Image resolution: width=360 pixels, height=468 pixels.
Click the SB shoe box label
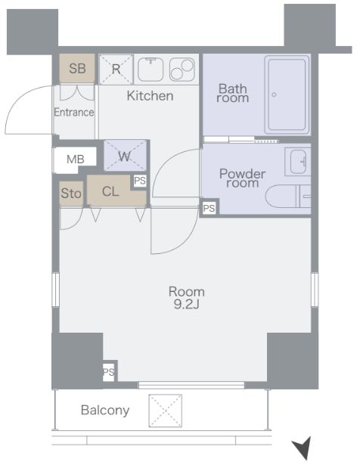coord(77,68)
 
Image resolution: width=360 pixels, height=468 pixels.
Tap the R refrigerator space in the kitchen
coord(116,70)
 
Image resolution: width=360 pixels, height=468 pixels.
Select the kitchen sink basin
coord(151,70)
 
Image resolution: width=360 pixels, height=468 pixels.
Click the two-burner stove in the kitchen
coord(182,70)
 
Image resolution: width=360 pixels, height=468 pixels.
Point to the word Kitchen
coord(150,96)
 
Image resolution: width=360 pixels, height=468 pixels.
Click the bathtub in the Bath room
coord(287,95)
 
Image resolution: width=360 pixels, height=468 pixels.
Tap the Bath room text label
coord(232,93)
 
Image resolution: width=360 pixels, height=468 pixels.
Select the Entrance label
coord(74,112)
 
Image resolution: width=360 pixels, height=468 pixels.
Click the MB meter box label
coord(75,160)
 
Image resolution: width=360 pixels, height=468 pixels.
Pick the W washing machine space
coord(125,156)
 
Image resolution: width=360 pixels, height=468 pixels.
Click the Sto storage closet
coord(71,194)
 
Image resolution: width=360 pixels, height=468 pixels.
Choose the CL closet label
coord(110,191)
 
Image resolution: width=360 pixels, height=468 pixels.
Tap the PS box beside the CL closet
coord(140,181)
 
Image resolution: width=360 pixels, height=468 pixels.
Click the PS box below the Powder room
coord(209,208)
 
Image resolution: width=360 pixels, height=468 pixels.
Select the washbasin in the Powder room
coord(298,162)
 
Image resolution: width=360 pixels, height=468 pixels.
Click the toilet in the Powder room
coord(288,196)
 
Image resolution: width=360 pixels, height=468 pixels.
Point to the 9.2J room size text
coord(186,304)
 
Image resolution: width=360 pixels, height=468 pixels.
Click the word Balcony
coord(105,411)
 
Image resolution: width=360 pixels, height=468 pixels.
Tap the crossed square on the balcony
coord(166,411)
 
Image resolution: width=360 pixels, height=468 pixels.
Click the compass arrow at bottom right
coord(303,448)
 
